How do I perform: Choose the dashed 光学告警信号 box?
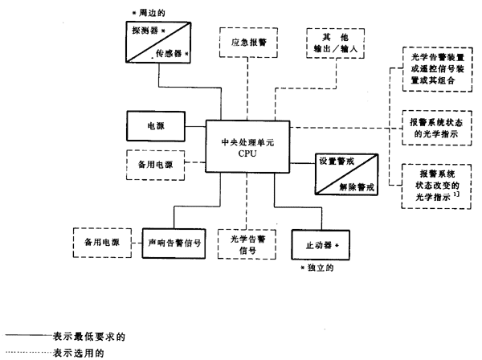(x=245, y=241)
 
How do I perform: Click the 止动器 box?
(x=320, y=242)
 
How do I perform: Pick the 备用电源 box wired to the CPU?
(x=157, y=165)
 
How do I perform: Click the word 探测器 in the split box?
(x=145, y=30)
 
